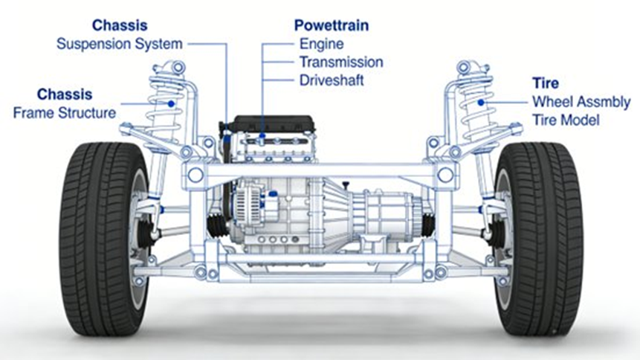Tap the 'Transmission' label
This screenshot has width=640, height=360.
coord(341,62)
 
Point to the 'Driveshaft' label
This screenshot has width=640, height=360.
coord(332,80)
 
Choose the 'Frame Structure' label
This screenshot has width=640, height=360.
coord(65,113)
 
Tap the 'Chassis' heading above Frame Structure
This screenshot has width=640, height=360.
coord(65,94)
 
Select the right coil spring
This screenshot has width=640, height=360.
coord(476,104)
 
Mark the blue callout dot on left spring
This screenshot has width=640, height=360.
coord(172,103)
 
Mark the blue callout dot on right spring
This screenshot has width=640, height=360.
coord(482,102)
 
